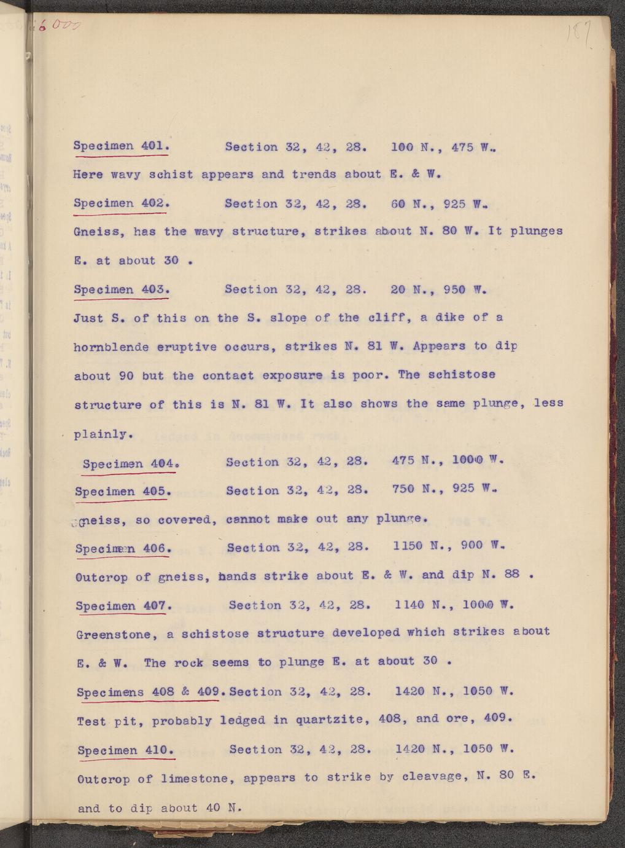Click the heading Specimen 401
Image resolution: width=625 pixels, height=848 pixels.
121,146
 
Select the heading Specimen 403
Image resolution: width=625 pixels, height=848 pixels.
121,289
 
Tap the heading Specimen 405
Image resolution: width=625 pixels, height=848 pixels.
122,491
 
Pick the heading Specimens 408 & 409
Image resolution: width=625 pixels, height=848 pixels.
149,692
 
